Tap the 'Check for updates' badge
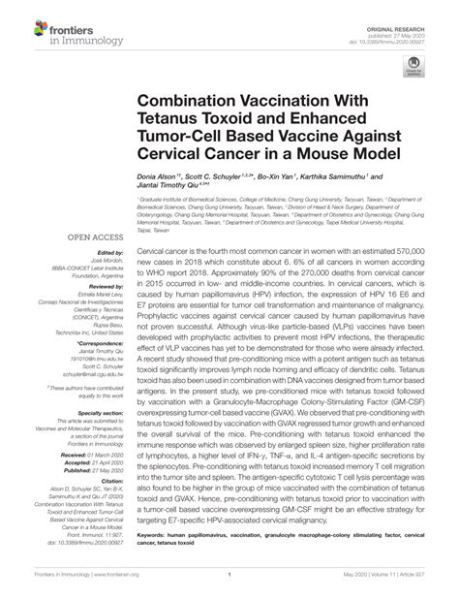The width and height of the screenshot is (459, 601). (x=413, y=66)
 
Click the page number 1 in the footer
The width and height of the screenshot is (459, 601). (x=229, y=588)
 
